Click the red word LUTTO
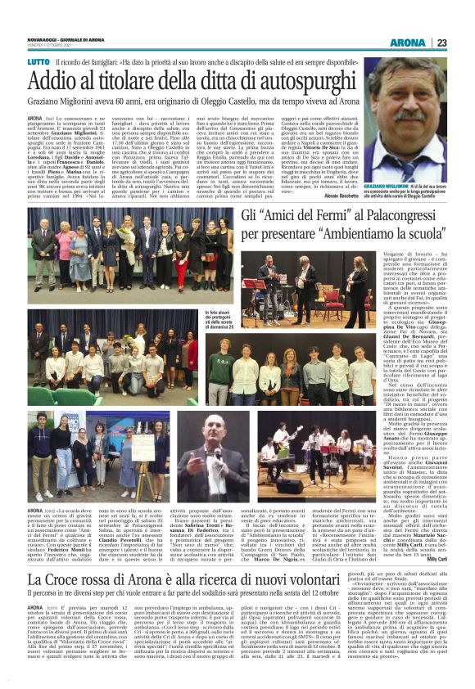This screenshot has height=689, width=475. click(x=38, y=62)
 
